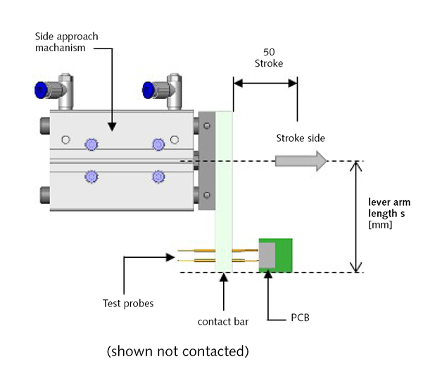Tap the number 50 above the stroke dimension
click(269, 53)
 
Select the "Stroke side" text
click(301, 138)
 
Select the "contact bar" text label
click(222, 324)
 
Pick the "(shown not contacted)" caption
click(177, 351)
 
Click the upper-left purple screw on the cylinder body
click(91, 144)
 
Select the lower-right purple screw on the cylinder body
click(158, 176)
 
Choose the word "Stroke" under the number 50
click(269, 65)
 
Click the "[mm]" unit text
click(381, 226)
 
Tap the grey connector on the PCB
click(267, 255)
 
